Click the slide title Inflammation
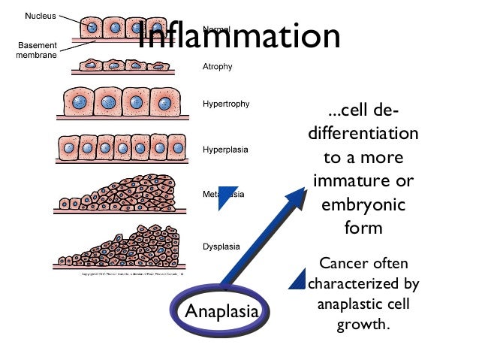[x=239, y=36]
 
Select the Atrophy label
[x=218, y=67]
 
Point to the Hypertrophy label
[x=226, y=103]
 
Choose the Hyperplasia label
[x=225, y=150]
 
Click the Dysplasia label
[x=221, y=246]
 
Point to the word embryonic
[x=363, y=204]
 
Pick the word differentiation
[x=363, y=135]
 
